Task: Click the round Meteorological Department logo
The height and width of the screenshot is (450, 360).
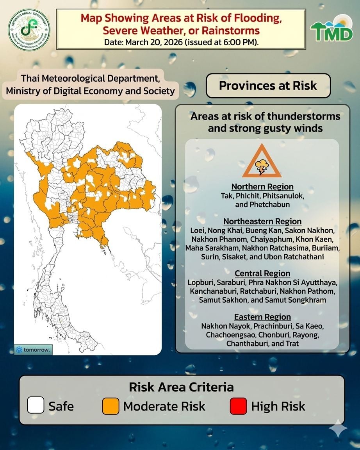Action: click(x=29, y=30)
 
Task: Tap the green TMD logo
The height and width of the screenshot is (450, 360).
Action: click(x=331, y=30)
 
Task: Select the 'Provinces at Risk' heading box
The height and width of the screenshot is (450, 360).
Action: click(x=268, y=86)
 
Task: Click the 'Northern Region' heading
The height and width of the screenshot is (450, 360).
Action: click(x=262, y=186)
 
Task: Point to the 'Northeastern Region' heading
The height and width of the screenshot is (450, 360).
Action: click(x=262, y=221)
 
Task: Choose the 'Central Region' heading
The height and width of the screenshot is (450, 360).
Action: click(x=262, y=273)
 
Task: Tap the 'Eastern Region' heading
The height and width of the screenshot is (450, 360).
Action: click(x=262, y=316)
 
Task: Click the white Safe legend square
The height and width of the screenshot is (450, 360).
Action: click(x=36, y=405)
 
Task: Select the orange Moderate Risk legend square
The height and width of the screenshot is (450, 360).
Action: click(x=110, y=405)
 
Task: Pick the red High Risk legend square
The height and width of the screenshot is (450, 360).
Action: click(x=238, y=405)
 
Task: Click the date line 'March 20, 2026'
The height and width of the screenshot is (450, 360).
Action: click(x=181, y=42)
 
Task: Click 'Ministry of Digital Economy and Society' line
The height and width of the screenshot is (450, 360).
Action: click(x=90, y=91)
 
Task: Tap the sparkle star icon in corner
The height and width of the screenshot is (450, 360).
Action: click(x=338, y=430)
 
